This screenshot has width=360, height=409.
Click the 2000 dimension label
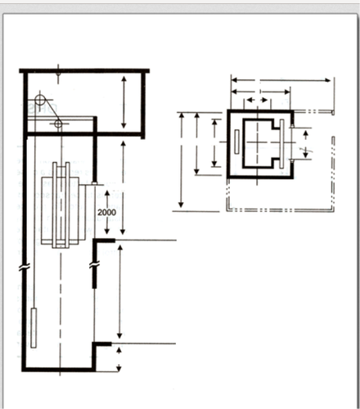(106, 212)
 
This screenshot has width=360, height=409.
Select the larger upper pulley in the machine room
(40, 100)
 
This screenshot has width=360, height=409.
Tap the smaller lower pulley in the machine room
(58, 124)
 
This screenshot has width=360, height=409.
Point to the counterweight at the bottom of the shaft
(34, 328)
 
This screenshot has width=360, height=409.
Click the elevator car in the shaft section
(61, 210)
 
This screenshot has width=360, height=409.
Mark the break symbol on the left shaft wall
(25, 267)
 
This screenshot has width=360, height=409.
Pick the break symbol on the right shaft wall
(94, 264)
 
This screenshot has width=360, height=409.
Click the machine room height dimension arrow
(124, 102)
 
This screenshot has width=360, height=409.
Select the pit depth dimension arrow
(119, 359)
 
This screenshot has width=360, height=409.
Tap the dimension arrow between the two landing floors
(119, 292)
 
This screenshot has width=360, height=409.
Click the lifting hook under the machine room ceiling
(58, 74)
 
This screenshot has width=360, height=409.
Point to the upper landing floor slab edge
(104, 240)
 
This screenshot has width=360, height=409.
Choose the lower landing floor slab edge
(102, 344)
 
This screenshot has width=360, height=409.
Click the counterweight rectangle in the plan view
(236, 142)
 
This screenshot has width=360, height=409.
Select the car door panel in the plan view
(281, 143)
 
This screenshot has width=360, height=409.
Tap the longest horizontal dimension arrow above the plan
(281, 80)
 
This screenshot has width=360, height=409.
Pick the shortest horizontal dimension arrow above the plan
(258, 100)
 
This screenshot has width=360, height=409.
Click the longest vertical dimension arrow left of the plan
(181, 161)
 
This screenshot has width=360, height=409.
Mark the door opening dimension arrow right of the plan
(306, 144)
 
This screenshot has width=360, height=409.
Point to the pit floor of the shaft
(59, 370)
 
